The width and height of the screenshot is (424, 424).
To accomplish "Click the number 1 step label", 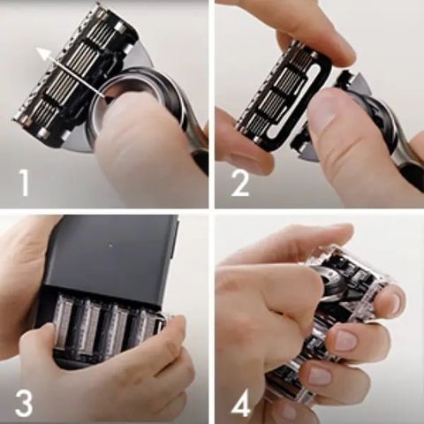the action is point(24,183).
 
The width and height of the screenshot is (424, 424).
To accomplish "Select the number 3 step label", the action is point(23,403).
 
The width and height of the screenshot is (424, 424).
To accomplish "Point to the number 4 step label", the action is point(241,403).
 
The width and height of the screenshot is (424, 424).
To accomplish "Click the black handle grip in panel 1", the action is point(200,160).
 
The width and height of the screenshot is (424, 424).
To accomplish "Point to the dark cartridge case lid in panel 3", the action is point(111,254).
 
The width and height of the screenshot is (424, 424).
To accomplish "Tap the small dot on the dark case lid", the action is point(110,245).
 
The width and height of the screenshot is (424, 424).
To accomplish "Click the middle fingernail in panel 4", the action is point(345,339).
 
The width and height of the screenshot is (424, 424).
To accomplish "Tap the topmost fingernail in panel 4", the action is point(394,302).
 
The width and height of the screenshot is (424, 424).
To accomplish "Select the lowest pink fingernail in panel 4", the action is point(319,376).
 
